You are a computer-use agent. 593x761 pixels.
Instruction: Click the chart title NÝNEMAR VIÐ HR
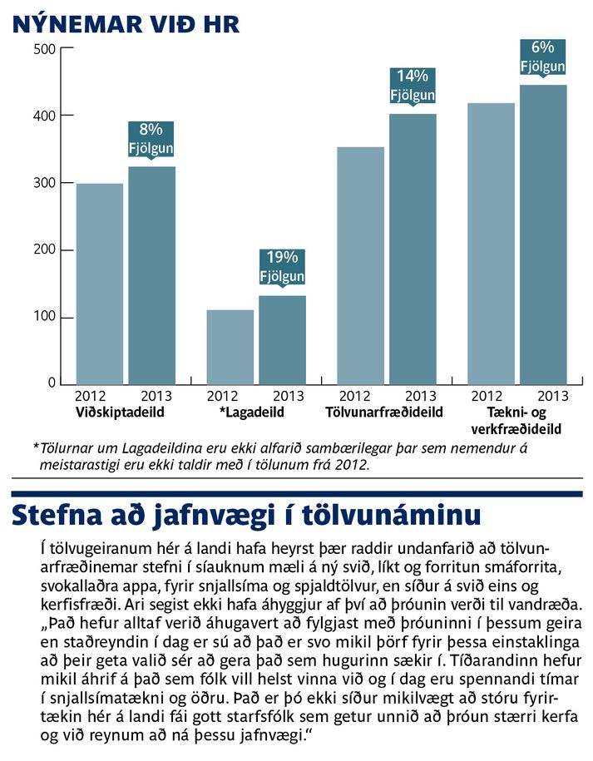coord(126,24)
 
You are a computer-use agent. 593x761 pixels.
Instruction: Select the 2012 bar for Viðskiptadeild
coord(100,284)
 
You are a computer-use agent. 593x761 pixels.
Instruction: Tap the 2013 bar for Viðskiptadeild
coord(152,275)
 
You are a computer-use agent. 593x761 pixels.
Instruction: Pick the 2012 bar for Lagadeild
coord(230,347)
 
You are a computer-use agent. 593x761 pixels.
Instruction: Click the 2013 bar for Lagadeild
coord(283,340)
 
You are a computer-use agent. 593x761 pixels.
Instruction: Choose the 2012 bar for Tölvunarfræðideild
coord(361,266)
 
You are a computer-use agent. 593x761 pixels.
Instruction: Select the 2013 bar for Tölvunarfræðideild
coord(413,250)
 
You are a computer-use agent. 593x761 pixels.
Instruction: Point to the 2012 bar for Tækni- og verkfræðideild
coord(491,244)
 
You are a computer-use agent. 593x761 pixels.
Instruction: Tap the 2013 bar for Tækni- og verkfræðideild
coord(543,235)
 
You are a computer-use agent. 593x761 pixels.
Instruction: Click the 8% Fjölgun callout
coord(151,139)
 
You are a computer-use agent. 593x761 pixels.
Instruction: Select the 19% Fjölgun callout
coord(282,266)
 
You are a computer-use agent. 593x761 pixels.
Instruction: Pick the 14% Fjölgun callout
coord(413,86)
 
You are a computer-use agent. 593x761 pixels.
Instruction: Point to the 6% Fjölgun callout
coord(542,57)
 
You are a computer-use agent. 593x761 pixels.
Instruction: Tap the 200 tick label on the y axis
coord(45,250)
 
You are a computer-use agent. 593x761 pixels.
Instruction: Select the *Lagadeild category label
coord(252,413)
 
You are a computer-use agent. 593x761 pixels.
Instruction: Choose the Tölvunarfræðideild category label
coord(384,413)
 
